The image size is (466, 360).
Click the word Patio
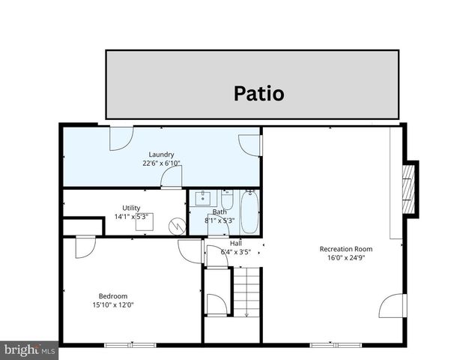258,94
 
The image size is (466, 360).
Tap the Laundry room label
161,154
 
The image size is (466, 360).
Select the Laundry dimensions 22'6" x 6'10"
161,163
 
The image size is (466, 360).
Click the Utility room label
131,208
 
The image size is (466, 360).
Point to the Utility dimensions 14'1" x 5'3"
131,217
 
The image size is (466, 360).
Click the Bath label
220,212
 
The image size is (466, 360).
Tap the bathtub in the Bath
249,212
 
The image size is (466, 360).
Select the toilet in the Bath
227,199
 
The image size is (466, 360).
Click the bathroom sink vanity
202,199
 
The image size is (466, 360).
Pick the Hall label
236,243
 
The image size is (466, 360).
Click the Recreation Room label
346,249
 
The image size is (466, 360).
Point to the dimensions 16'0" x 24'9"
346,258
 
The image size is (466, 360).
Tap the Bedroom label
113,295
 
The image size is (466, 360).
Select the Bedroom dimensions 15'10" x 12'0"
113,304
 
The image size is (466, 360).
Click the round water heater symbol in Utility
176,224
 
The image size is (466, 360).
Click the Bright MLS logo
29,349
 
